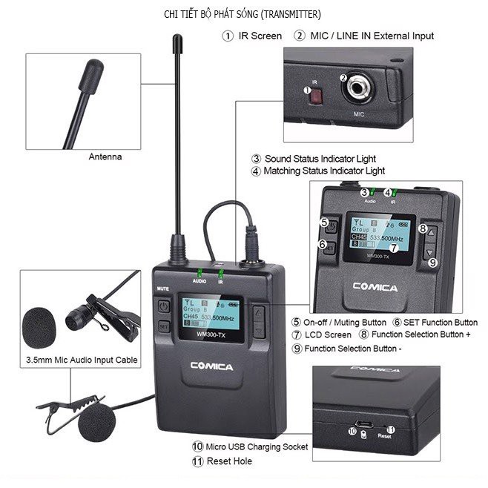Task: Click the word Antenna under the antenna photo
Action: coord(105,157)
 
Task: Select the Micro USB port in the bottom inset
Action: coord(360,427)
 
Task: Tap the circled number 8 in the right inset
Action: coord(423,229)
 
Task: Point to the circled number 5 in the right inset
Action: coord(324,222)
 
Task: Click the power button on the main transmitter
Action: coord(164,306)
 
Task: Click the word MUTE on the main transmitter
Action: coord(162,288)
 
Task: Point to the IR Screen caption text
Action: coord(260,36)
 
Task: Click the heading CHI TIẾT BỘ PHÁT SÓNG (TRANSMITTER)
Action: coord(243,14)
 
